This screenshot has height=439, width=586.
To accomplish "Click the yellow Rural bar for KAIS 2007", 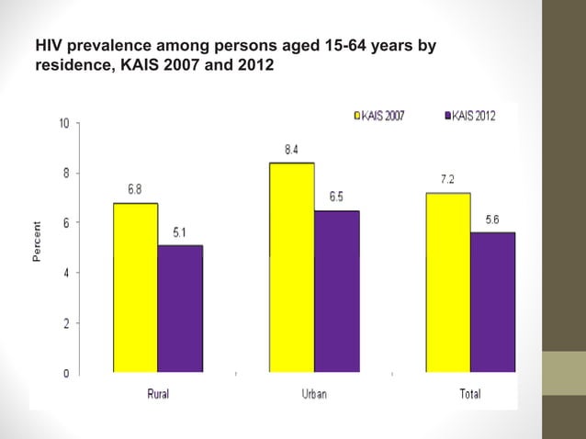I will pyautogui.click(x=135, y=287).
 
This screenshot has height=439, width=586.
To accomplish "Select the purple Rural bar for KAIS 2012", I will pyautogui.click(x=180, y=309).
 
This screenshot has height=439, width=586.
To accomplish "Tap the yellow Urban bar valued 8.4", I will pyautogui.click(x=292, y=267).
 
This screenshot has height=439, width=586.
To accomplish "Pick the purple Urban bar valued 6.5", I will pyautogui.click(x=337, y=291).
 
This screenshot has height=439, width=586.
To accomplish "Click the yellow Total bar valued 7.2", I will pyautogui.click(x=448, y=283).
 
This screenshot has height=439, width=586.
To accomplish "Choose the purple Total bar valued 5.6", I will pyautogui.click(x=493, y=302).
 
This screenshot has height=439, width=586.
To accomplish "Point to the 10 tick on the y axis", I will pyautogui.click(x=62, y=123).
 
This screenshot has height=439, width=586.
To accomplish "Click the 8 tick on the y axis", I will pyautogui.click(x=64, y=173).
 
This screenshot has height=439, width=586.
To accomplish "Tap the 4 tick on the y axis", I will pyautogui.click(x=64, y=273).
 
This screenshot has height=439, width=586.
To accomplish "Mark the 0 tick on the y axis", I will pyautogui.click(x=64, y=373).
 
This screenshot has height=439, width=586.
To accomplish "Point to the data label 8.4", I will pyautogui.click(x=290, y=150).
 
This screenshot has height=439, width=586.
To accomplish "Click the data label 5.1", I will pyautogui.click(x=180, y=232).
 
